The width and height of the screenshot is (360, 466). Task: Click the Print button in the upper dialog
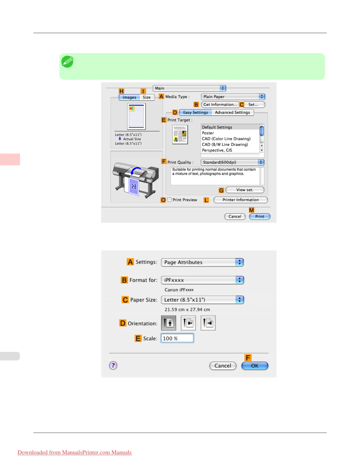click(259, 217)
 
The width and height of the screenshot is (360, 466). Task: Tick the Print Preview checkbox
click(169, 200)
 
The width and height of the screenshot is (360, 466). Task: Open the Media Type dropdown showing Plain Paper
click(233, 97)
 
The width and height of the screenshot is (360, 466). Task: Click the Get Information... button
click(220, 105)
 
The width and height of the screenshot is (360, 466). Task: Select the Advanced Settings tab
click(232, 112)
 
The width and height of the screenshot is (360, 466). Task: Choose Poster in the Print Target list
click(208, 133)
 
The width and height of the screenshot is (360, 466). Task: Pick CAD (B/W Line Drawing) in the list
click(225, 144)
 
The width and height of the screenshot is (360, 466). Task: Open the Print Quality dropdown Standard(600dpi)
click(232, 162)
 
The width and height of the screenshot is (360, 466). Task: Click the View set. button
click(245, 190)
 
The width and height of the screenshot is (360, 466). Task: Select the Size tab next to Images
click(146, 97)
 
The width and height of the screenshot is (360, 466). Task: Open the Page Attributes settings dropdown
click(202, 262)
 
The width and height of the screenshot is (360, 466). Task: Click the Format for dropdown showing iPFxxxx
click(202, 280)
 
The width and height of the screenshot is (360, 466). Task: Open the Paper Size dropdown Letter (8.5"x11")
click(202, 300)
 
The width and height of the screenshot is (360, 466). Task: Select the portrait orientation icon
click(169, 323)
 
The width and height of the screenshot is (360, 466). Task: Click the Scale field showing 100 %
click(177, 338)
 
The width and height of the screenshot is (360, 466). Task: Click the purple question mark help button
click(113, 365)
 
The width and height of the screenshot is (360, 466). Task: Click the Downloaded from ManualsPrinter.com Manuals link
click(75, 452)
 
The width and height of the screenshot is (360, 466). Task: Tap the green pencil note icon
click(67, 62)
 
